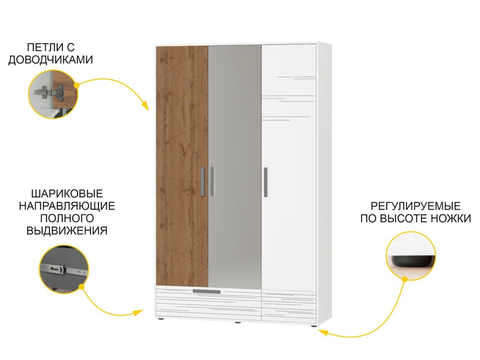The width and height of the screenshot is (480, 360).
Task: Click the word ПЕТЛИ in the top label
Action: [42, 48]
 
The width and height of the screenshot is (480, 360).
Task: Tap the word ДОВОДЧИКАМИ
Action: [51, 60]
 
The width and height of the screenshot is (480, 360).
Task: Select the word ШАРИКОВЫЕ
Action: [67, 194]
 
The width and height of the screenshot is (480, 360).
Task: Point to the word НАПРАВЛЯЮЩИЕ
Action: [67, 206]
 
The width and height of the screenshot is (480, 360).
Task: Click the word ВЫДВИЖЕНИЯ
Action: [67, 231]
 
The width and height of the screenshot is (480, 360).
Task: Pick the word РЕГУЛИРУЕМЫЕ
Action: [416, 206]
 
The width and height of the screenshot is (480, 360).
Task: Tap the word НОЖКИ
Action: [450, 219]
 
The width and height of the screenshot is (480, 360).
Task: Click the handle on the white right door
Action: [266, 182]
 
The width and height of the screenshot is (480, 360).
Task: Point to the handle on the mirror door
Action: [212, 181]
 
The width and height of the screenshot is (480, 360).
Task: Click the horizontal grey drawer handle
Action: [206, 292]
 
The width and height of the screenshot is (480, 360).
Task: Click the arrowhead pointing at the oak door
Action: [146, 107]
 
